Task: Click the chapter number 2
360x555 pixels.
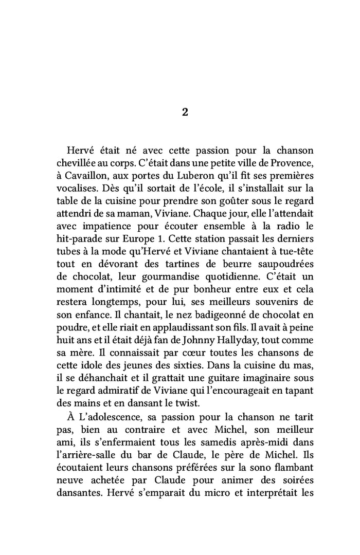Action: coord(185,113)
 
